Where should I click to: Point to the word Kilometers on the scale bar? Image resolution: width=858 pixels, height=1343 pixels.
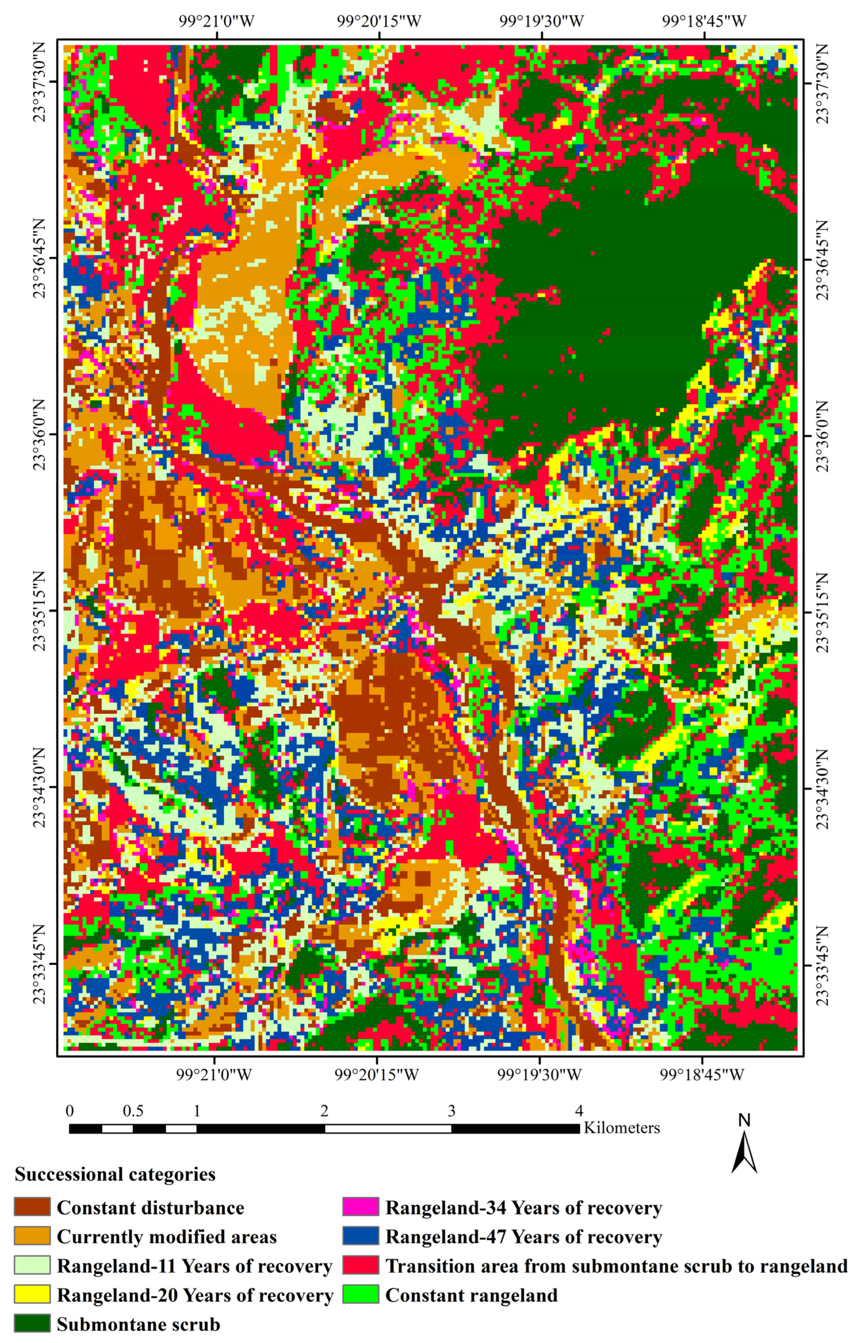point(621,1128)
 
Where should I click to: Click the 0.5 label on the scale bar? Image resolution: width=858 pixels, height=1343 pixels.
point(133,1111)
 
